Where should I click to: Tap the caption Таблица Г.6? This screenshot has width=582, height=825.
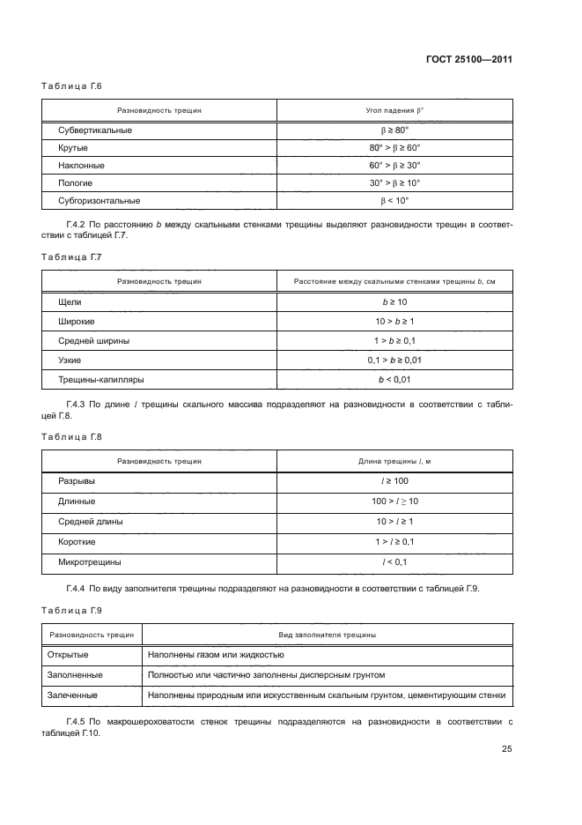click(73, 86)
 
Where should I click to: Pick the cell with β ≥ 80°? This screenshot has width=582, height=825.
click(394, 130)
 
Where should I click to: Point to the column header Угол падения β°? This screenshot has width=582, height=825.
click(394, 110)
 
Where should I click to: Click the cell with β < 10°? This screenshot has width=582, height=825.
click(394, 200)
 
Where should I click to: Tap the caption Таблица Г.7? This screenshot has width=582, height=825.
click(73, 256)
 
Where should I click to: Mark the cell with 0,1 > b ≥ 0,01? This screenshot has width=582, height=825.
click(394, 360)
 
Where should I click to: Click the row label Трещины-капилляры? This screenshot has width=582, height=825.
click(101, 379)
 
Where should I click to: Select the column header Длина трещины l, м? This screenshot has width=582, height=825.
click(394, 461)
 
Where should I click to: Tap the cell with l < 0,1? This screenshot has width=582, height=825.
click(394, 561)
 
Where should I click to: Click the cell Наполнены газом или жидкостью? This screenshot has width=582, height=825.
click(216, 655)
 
